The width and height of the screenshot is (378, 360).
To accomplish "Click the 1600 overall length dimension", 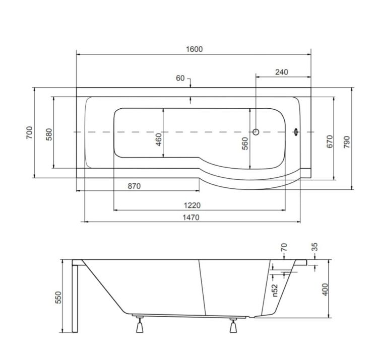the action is click(195, 49).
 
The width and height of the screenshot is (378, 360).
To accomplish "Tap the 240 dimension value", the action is click(282, 72).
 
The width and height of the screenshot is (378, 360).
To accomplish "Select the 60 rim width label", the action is click(180, 78).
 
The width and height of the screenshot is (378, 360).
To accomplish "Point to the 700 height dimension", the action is click(29, 132).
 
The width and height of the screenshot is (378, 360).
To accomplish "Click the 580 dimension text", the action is click(49, 134).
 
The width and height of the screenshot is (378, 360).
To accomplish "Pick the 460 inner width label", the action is click(159, 139).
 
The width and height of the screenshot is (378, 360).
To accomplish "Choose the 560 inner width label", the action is click(245, 143).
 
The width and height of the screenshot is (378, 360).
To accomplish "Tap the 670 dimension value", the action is click(330, 141).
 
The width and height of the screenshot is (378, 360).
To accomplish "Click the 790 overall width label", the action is click(346, 142).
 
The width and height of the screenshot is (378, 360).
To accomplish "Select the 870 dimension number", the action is click(134, 186).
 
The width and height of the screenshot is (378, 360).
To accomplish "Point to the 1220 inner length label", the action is click(192, 205).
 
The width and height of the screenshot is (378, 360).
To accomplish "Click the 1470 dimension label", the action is click(191, 218).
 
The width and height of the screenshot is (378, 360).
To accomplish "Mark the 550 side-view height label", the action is click(58, 298).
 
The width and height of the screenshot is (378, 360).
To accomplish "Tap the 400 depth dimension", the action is click(325, 290).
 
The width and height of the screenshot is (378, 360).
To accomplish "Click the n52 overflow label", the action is click(275, 291).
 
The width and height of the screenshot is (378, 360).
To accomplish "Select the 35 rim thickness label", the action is click(314, 247).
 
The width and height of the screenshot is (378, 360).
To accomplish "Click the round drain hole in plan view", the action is click(256, 132).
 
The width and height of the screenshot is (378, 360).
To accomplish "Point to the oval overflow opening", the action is click(296, 132).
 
